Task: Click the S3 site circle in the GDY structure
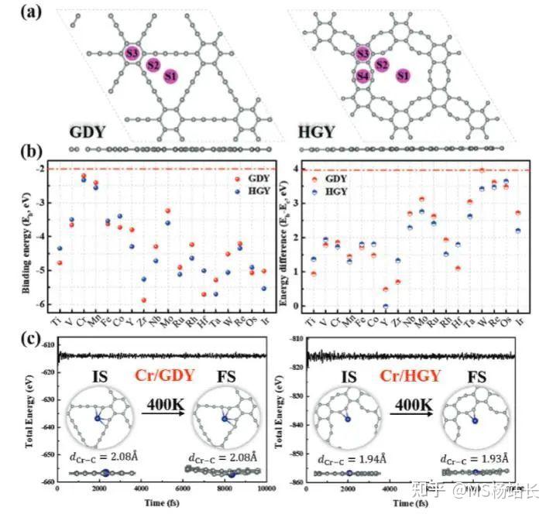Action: [132, 53]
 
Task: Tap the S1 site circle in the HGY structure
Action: [400, 75]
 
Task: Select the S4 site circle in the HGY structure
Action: [362, 76]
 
